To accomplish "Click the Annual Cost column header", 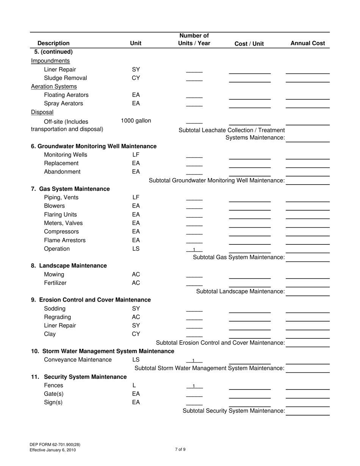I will click(x=307, y=43).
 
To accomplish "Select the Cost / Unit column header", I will click(x=249, y=44).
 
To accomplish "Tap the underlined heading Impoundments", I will click(x=50, y=61).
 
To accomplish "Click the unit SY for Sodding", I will click(x=136, y=308).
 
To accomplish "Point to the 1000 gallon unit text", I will click(x=136, y=121).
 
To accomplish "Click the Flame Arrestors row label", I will click(x=65, y=240).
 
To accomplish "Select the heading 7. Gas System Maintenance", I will click(x=70, y=189).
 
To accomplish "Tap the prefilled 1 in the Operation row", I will click(x=194, y=250).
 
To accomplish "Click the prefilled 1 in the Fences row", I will click(x=194, y=386).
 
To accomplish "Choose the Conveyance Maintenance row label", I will click(x=78, y=360).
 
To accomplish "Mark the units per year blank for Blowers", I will click(x=194, y=208).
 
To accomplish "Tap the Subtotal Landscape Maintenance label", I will click(x=240, y=291).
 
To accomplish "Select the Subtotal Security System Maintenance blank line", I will click(x=307, y=414).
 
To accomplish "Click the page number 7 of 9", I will click(x=180, y=450).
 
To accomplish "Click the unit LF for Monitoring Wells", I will click(x=136, y=155).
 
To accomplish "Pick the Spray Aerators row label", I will click(x=63, y=103).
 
